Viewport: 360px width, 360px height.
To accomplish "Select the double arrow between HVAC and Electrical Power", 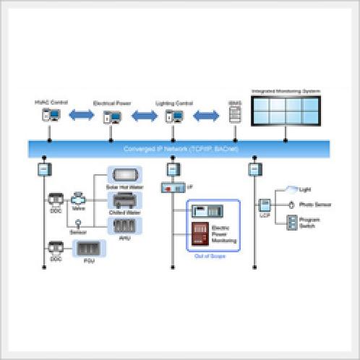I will click(81, 114).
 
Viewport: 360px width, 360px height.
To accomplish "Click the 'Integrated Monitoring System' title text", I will click(285, 91).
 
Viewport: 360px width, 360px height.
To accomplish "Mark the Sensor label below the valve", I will click(77, 233).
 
